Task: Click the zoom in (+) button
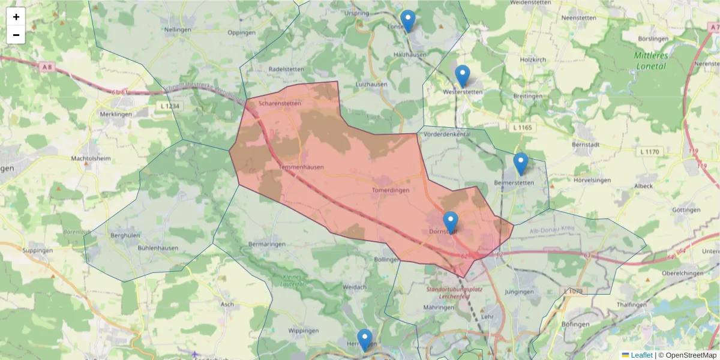[16, 17]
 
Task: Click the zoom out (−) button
[16, 35]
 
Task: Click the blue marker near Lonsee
[408, 21]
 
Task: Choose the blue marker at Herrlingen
[364, 340]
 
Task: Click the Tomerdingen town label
[391, 190]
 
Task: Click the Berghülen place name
[125, 236]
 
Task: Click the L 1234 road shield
[170, 106]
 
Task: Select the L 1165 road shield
[524, 128]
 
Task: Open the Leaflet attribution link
[641, 355]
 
